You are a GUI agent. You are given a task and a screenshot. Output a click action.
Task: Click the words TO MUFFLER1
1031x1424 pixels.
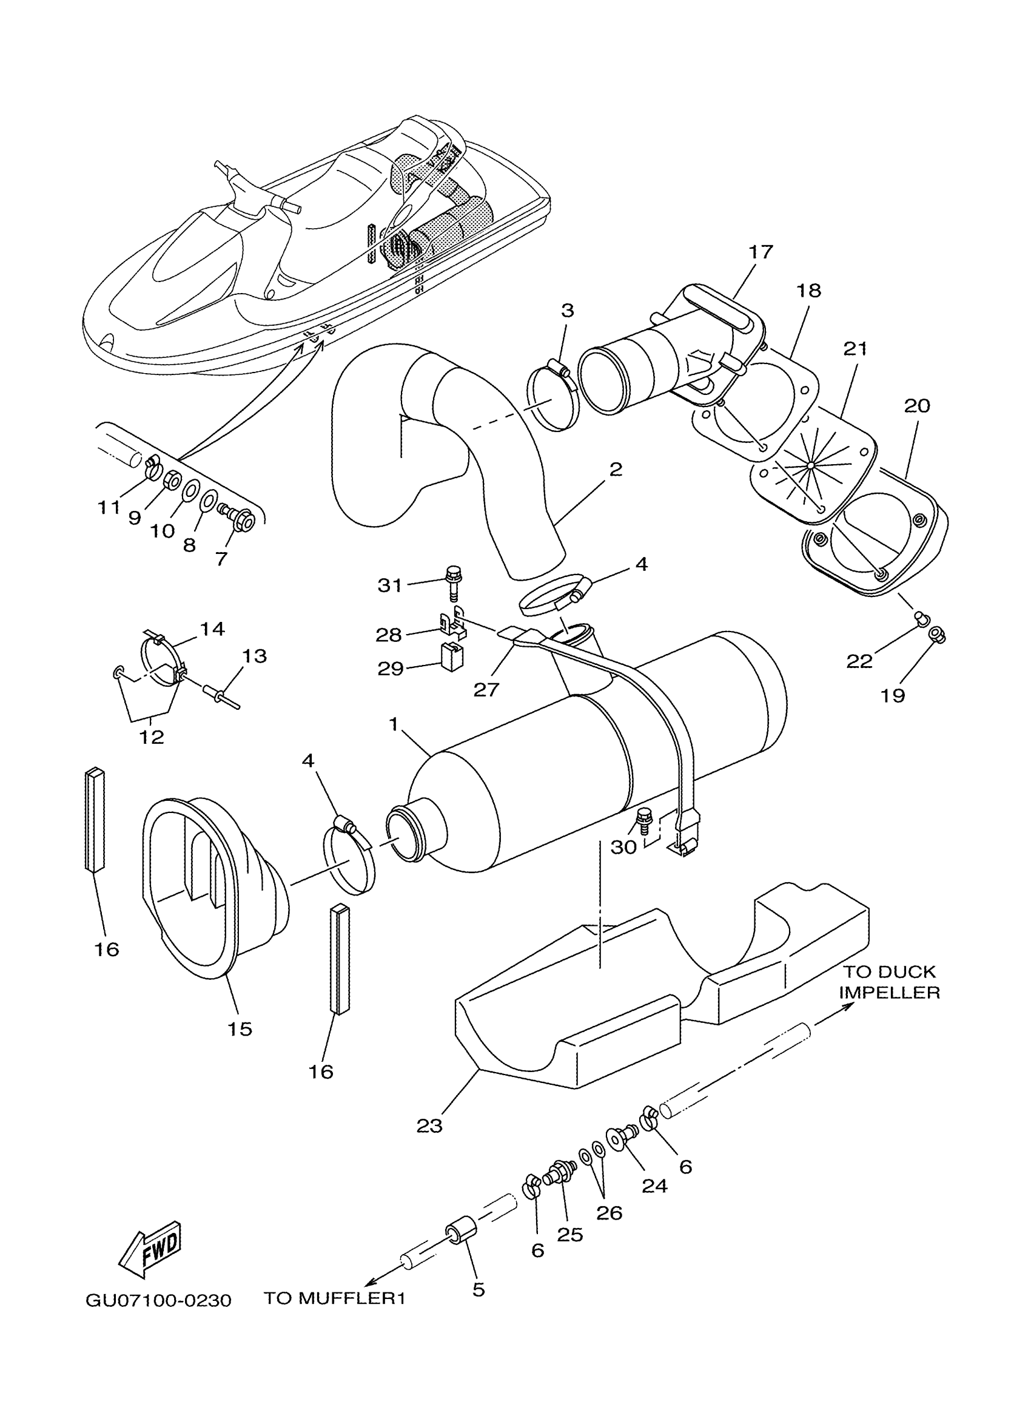pos(334,1298)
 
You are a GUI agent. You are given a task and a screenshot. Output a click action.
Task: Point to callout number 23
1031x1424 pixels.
pos(429,1125)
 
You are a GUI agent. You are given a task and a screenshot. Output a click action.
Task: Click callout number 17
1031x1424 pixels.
pos(761,252)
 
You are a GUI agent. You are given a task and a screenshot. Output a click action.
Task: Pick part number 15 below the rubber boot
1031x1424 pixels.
pos(240,1029)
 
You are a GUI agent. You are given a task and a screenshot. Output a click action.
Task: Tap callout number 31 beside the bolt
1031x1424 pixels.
pos(389,585)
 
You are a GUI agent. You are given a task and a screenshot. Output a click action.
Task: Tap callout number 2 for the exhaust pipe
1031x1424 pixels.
pos(616,469)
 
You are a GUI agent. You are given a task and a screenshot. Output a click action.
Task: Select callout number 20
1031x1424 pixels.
pos(917,406)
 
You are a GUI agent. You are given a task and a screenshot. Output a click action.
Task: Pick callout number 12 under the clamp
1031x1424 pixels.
pos(151,737)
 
